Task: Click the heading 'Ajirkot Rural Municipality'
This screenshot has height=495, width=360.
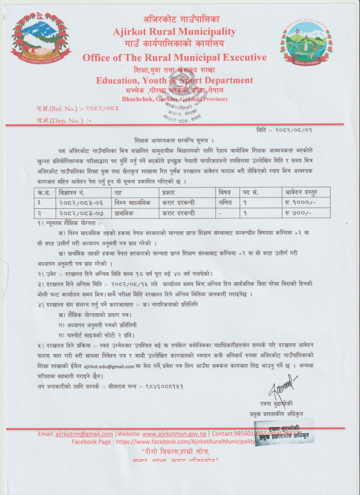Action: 175,32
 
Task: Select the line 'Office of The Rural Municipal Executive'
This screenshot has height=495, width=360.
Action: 175,58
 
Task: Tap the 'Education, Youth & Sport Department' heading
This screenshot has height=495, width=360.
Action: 175,81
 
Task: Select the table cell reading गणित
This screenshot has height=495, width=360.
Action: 224,202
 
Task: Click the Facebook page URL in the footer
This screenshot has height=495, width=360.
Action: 191,442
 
